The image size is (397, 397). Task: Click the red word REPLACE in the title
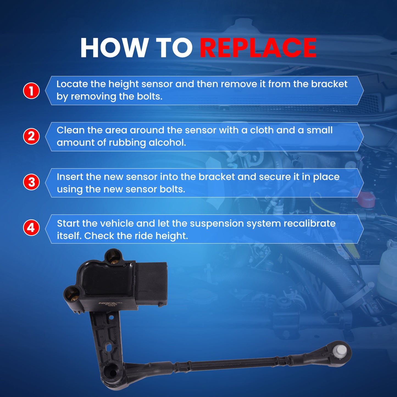(258, 48)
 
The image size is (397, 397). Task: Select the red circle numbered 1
(31, 91)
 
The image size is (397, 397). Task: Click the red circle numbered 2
(31, 136)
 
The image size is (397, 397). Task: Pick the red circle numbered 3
(31, 182)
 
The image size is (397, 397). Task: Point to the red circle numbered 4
(31, 228)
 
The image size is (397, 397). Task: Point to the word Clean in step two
(70, 130)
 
